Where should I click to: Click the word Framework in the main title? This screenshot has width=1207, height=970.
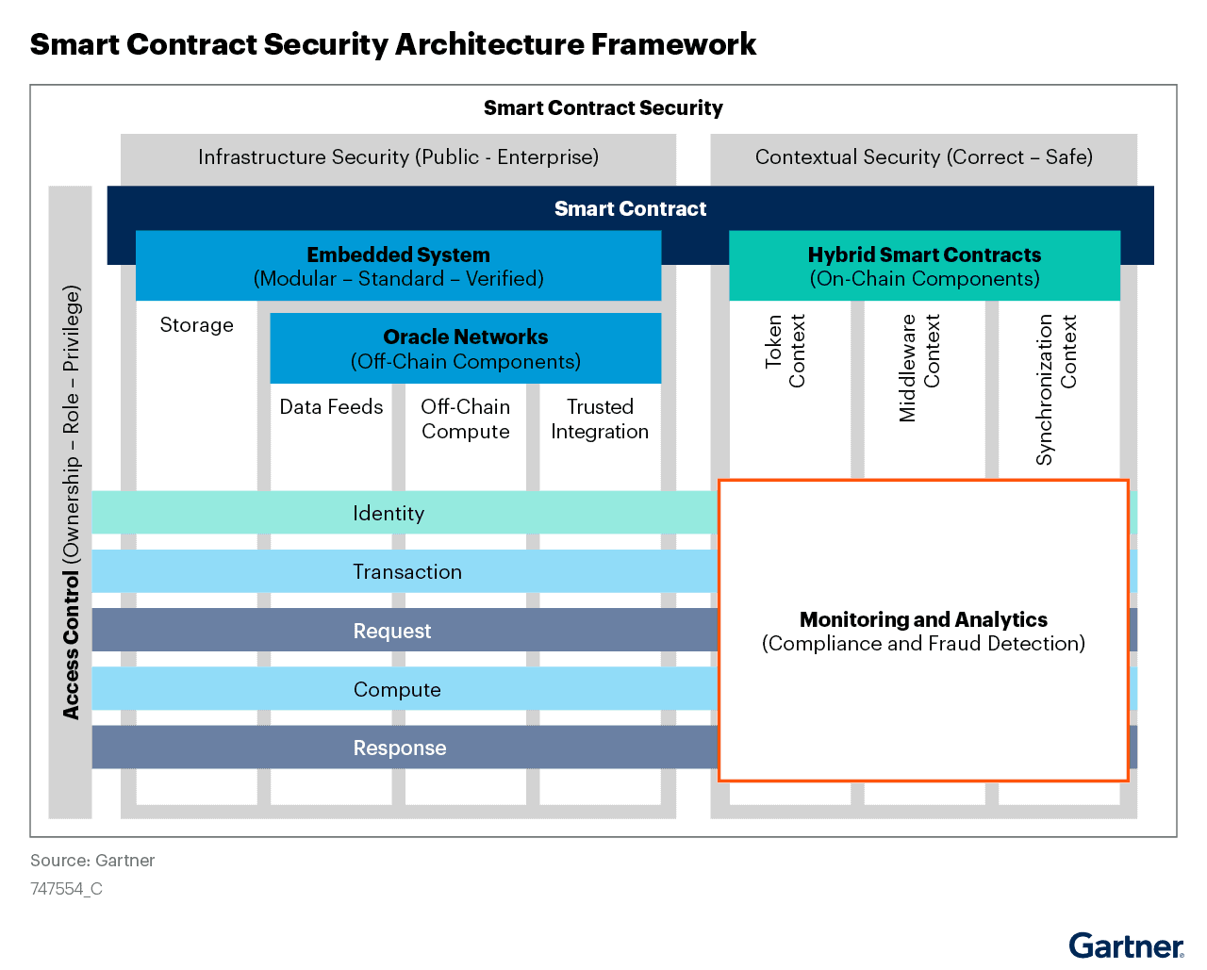tap(673, 44)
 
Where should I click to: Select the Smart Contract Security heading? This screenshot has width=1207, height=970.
tap(603, 108)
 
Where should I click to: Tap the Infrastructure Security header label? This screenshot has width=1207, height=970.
tap(398, 157)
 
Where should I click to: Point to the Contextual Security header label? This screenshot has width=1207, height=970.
tap(923, 157)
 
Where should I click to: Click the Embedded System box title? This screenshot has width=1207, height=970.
tap(398, 255)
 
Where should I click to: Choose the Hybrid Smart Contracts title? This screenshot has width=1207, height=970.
tap(924, 255)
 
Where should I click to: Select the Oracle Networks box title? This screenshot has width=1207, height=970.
tap(465, 337)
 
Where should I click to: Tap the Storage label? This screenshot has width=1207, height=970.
tap(196, 325)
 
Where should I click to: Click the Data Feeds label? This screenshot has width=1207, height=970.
tap(331, 407)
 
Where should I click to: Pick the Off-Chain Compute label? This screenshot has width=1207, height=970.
tap(465, 419)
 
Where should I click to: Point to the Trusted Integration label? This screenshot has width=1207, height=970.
tap(600, 419)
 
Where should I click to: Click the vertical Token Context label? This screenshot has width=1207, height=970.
tap(785, 351)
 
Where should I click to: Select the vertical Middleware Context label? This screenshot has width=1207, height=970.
tap(919, 368)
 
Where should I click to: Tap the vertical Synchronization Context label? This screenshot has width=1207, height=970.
tap(1056, 388)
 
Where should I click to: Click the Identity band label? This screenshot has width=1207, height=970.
tap(389, 514)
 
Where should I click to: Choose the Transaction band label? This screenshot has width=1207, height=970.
tap(407, 572)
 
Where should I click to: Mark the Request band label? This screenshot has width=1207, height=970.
tap(392, 632)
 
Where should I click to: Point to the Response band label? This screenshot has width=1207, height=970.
tap(400, 748)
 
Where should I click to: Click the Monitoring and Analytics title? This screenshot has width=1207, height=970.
tap(923, 620)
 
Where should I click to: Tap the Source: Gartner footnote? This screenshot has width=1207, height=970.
tap(92, 861)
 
